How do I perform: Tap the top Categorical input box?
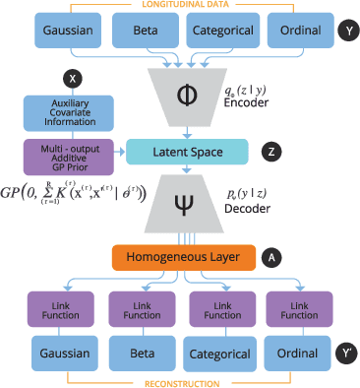tap(227, 31)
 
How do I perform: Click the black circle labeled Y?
tap(344, 32)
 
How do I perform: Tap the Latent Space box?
tap(181, 151)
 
